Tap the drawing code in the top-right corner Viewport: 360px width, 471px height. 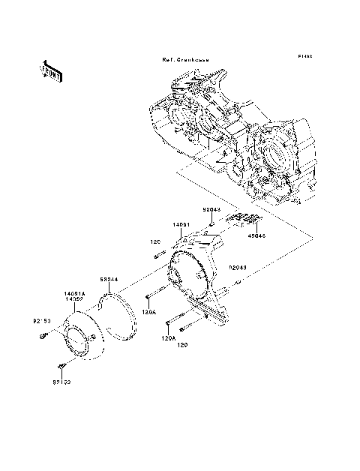304,55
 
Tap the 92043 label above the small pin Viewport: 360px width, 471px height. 211,211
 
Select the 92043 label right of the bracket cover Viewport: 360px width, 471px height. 238,265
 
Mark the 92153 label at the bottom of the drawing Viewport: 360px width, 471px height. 61,382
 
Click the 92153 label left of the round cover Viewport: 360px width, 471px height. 40,322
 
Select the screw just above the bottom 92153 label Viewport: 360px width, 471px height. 61,367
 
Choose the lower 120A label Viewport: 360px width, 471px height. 169,338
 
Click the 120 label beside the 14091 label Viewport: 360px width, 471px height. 156,242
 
